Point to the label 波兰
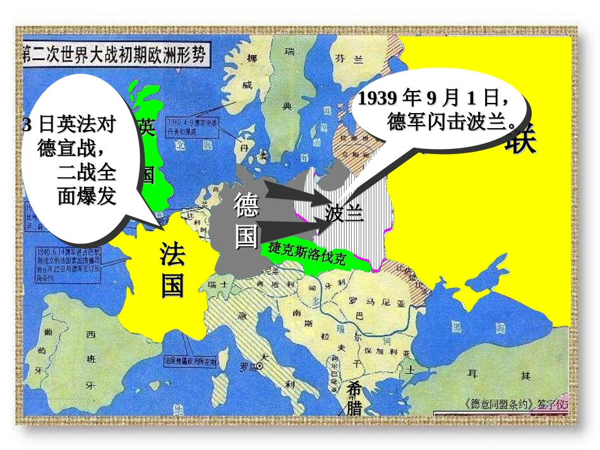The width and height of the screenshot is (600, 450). click(344, 214)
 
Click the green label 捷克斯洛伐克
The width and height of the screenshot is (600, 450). click(308, 254)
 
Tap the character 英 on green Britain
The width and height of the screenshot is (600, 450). click(146, 127)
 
